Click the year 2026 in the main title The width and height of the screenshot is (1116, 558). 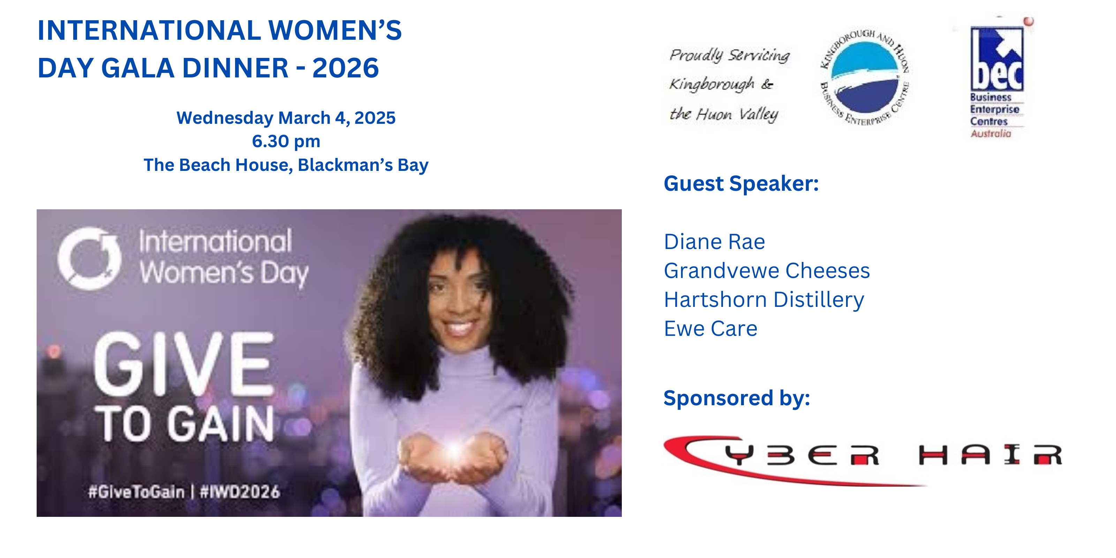click(345, 68)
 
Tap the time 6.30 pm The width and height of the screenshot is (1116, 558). click(286, 142)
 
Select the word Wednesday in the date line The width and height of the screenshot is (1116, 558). click(225, 118)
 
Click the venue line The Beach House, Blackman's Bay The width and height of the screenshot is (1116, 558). click(286, 165)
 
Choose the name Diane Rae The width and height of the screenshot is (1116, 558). click(714, 242)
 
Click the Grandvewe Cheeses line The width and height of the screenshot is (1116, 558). click(767, 271)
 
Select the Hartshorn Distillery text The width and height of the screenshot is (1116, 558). click(764, 300)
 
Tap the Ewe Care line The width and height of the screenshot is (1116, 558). click(710, 329)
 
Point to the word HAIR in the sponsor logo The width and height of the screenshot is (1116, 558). click(990, 455)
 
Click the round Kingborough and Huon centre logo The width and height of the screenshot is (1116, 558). click(865, 77)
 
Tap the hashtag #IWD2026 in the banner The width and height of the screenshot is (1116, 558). click(240, 492)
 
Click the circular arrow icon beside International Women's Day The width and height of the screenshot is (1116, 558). click(90, 258)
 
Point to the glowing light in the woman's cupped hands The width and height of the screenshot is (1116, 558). click(455, 451)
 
